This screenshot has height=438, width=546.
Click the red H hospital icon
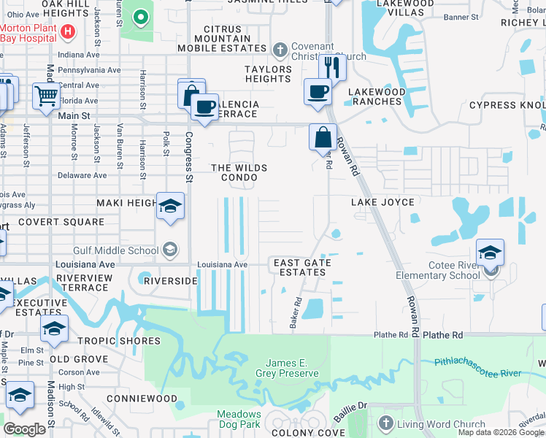point(68,31)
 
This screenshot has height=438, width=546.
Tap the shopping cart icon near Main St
point(46,95)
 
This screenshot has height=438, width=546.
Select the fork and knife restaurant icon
point(332,68)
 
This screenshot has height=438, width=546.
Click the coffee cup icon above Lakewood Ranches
point(318,92)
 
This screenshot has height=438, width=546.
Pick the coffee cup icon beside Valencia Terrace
point(205,107)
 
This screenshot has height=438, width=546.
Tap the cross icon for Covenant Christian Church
point(279,50)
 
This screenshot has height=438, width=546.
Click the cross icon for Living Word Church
point(385,423)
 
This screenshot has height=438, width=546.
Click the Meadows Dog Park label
point(239,419)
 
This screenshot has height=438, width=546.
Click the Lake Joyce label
point(382,202)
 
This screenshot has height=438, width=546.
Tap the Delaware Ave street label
point(82,175)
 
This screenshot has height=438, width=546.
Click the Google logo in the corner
point(24,429)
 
